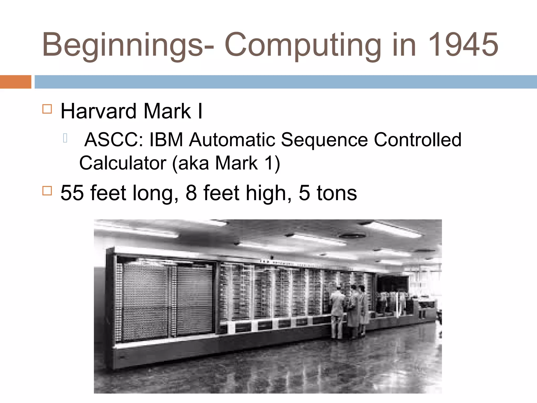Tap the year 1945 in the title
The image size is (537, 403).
(463, 45)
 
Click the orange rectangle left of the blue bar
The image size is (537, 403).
(15, 82)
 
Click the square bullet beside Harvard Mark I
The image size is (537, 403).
(47, 109)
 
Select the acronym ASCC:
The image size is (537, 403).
(114, 140)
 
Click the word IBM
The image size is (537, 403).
(166, 140)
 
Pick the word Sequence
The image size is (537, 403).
(324, 140)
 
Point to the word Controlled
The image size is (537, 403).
(417, 140)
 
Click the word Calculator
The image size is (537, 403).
(123, 163)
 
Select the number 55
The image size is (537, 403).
(72, 193)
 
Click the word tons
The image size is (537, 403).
(337, 193)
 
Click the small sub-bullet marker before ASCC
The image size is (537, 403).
(65, 138)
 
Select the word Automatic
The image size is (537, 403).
(232, 140)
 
